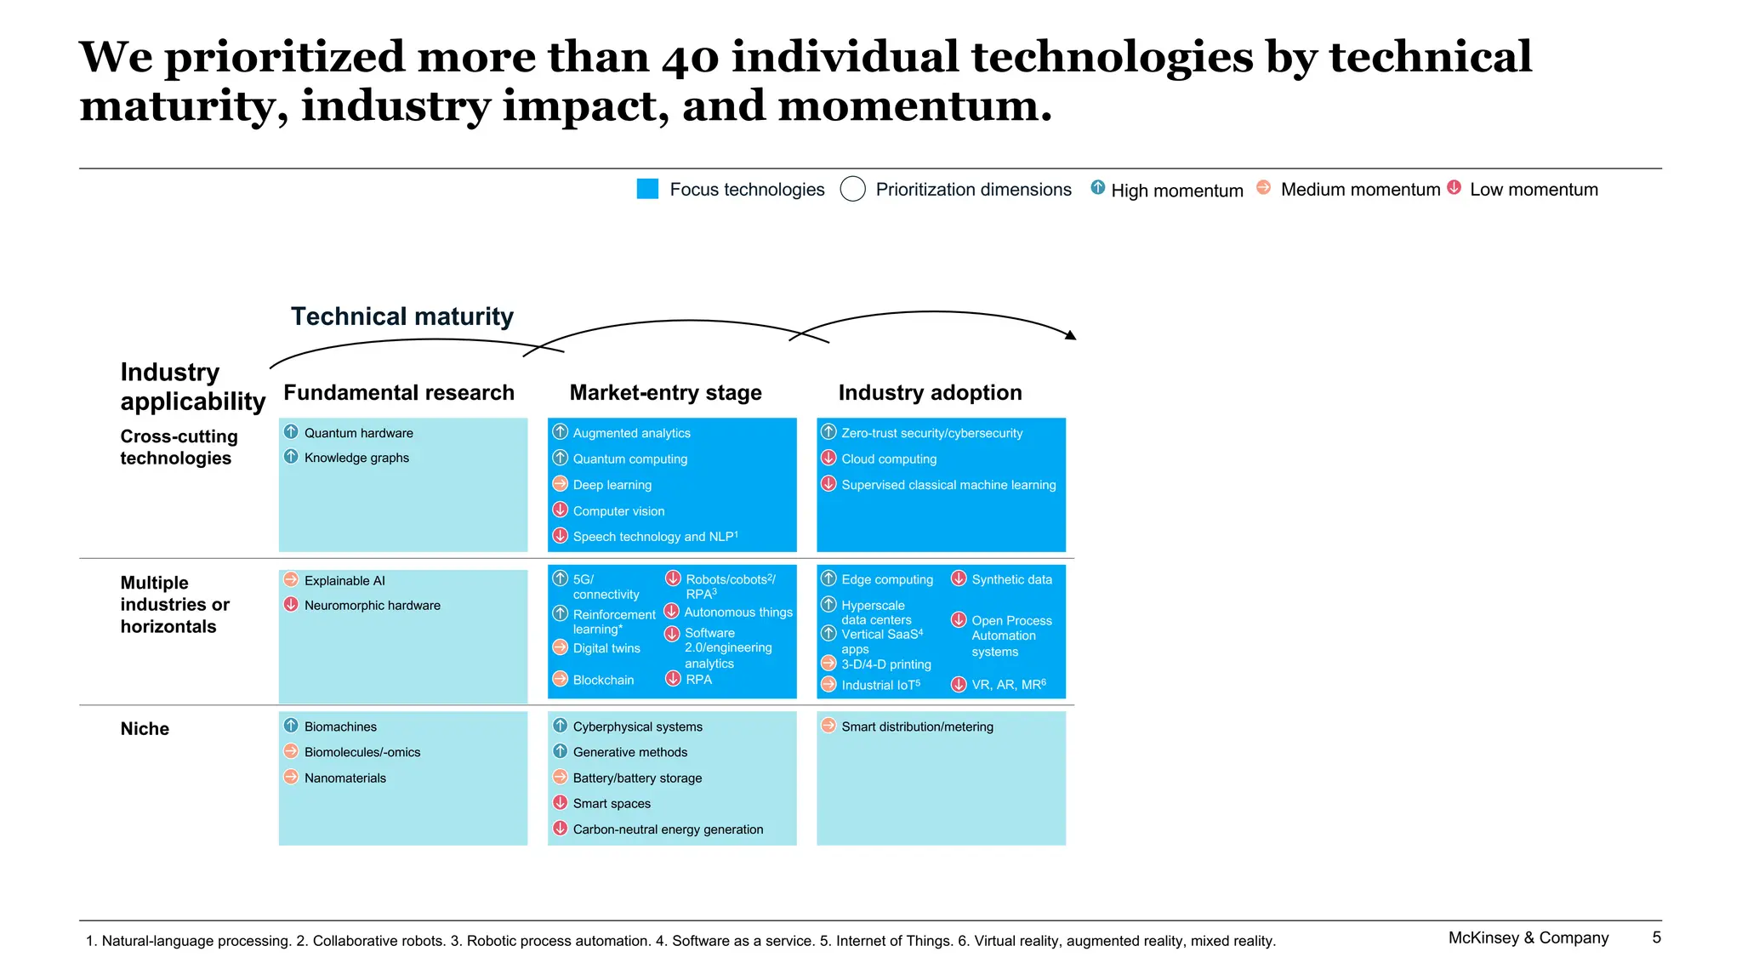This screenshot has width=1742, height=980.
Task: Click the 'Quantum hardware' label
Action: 358,433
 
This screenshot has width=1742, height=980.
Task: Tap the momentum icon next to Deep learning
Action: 560,484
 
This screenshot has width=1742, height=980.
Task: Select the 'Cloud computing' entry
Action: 888,459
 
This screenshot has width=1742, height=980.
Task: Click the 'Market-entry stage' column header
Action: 665,392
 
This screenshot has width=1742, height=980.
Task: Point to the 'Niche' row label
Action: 145,729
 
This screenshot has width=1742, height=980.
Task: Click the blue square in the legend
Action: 647,189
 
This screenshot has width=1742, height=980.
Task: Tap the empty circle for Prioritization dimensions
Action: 852,189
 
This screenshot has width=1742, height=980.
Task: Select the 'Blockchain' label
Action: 603,680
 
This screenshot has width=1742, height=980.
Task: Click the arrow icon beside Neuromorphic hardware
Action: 291,605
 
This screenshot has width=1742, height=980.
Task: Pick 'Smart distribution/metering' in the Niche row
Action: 917,726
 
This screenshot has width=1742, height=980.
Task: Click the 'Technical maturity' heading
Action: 401,316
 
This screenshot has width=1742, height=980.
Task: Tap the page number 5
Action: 1656,937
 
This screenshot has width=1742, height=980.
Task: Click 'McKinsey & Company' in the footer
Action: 1528,937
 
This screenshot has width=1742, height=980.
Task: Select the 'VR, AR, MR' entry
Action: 1008,685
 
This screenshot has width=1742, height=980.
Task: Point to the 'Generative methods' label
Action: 629,752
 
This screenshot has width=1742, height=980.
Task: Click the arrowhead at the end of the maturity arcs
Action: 1072,336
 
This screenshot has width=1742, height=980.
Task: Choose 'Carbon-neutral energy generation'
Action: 668,829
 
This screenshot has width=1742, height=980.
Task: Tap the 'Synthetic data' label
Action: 1011,579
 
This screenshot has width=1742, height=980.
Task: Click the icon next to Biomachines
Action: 291,726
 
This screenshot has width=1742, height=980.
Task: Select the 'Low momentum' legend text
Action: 1534,190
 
